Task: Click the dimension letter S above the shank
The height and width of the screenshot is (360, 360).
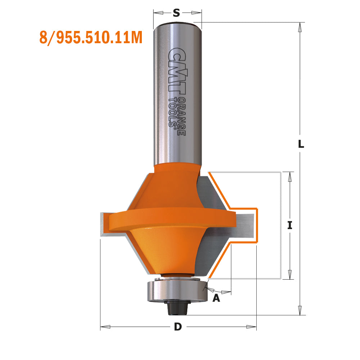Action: (x=176, y=13)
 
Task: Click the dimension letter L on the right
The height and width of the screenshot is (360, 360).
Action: (x=301, y=144)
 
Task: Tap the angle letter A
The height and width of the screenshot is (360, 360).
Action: (x=216, y=298)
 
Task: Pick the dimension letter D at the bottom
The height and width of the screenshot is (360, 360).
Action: (x=177, y=327)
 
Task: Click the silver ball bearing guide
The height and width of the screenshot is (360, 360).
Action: (x=176, y=290)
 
